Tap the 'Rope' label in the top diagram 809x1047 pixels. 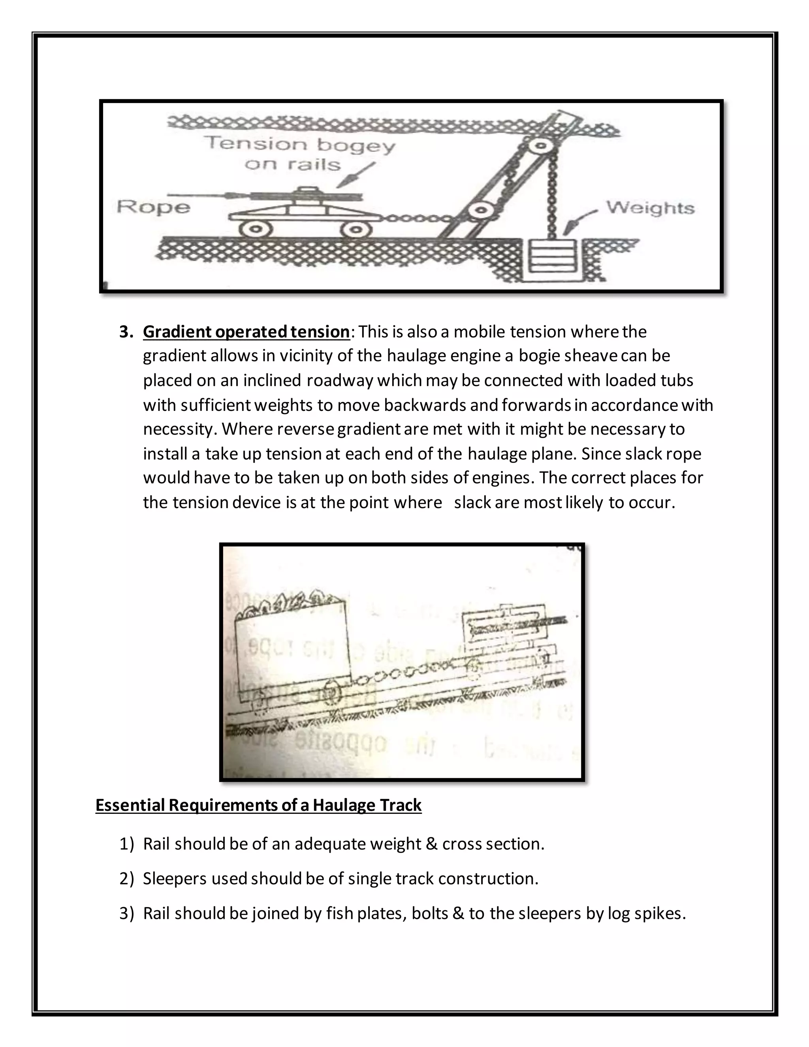coord(153,207)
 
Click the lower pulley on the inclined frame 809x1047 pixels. coord(481,210)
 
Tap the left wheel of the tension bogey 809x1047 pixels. coord(256,229)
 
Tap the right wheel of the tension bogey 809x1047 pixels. coord(356,230)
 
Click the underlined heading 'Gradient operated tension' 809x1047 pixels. coord(246,332)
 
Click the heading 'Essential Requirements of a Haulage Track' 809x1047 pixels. coord(258,805)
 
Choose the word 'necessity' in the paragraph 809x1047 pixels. coord(177,429)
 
